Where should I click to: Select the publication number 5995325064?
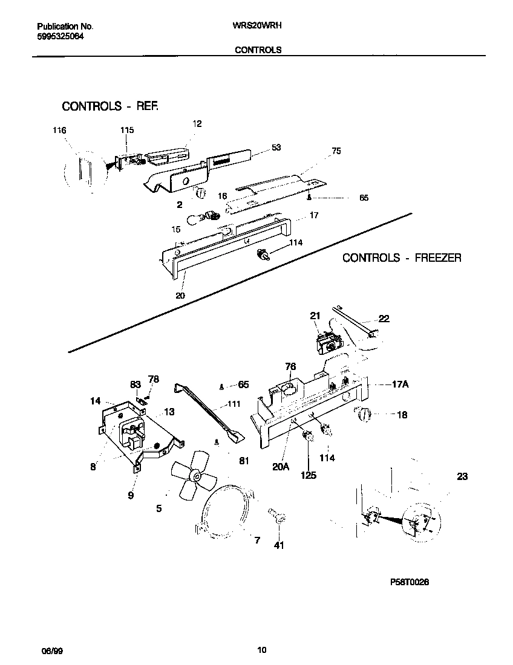click(x=60, y=36)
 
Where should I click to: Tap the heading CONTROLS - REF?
click(x=111, y=106)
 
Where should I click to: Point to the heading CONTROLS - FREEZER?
click(x=402, y=258)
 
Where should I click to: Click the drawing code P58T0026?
click(x=410, y=582)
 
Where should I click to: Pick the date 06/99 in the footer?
click(x=51, y=650)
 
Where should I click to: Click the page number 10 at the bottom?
click(x=261, y=650)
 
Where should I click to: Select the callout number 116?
click(x=59, y=131)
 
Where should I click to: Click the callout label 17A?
click(x=399, y=383)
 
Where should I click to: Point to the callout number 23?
click(x=462, y=476)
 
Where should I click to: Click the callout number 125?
click(x=309, y=475)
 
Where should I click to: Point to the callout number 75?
click(x=336, y=151)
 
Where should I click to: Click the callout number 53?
click(x=276, y=147)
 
